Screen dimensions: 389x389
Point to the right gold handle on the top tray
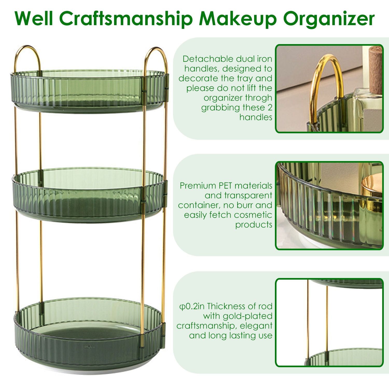[155, 55]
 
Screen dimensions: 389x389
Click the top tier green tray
[88, 89]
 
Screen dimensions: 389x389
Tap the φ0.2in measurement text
[192, 306]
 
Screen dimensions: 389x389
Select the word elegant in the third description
[255, 326]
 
